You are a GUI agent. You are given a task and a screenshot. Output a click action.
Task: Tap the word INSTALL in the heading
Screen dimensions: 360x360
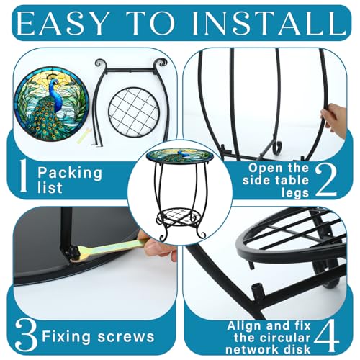coord(269,23)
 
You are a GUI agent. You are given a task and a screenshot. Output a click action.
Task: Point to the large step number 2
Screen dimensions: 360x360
coord(326,179)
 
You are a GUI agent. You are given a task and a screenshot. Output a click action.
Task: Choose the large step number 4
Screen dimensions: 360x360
coord(327,336)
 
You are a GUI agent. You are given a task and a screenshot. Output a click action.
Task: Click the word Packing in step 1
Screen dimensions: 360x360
coord(70,174)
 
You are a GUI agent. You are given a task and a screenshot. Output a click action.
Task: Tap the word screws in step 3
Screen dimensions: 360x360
coord(126,336)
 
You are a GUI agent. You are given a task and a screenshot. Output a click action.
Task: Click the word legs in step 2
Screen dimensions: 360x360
coord(295,193)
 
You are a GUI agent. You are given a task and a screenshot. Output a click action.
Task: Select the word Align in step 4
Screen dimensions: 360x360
coord(244,326)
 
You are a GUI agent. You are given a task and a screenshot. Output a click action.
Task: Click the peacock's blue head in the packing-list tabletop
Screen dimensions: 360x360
coord(55,83)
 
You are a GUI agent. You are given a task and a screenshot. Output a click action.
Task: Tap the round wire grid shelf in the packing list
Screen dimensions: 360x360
coord(133,112)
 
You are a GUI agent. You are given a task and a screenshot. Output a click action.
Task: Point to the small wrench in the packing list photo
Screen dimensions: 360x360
coord(84,136)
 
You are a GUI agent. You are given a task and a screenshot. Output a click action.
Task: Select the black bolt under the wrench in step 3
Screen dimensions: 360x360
coord(73,252)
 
